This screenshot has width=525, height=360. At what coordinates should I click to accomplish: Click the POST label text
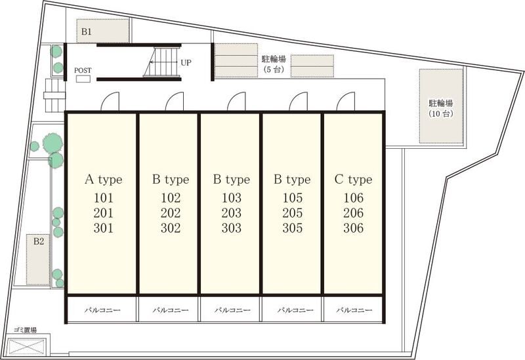click(x=83, y=71)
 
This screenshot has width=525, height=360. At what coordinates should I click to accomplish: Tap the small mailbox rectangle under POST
click(x=83, y=79)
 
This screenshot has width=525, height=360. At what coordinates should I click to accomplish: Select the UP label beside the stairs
click(x=186, y=62)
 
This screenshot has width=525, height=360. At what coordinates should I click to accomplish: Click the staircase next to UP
click(x=162, y=62)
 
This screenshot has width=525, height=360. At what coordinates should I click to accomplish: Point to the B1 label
click(x=87, y=31)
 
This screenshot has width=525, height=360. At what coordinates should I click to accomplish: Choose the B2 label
click(x=39, y=241)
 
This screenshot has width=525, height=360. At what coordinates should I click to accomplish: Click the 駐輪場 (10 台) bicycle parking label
click(x=441, y=108)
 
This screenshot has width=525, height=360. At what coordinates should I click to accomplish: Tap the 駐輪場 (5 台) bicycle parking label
click(x=274, y=64)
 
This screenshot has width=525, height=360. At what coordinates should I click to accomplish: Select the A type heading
click(x=104, y=180)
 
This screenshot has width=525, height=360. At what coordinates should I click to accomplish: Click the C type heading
click(x=353, y=180)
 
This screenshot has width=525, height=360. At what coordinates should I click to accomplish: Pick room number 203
click(x=232, y=213)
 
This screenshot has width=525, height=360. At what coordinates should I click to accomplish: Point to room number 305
click(x=292, y=228)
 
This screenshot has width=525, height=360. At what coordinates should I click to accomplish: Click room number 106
click(x=353, y=198)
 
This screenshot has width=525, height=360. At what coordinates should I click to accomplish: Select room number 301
click(x=104, y=228)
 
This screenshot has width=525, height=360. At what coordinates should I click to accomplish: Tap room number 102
click(x=171, y=198)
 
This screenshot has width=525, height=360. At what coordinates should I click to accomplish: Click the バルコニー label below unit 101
click(x=102, y=310)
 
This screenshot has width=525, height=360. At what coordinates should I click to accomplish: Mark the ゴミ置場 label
click(x=25, y=330)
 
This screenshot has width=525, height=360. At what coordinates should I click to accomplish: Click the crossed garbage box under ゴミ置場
click(x=26, y=346)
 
